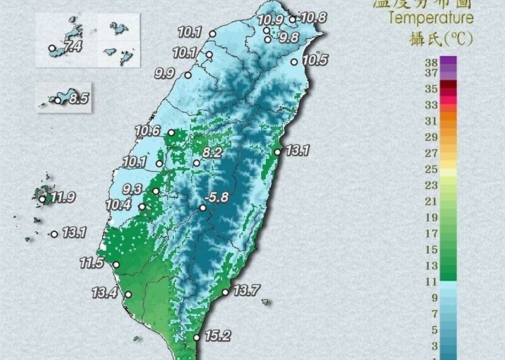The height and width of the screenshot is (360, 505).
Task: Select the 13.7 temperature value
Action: pyautogui.click(x=246, y=291)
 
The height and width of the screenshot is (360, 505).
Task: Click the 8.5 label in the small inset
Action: pyautogui.click(x=78, y=99)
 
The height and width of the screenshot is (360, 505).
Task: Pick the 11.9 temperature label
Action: pyautogui.click(x=63, y=198)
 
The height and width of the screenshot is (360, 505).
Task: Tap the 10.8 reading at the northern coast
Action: pyautogui.click(x=313, y=18)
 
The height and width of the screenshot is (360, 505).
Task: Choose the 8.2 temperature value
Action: pyautogui.click(x=213, y=152)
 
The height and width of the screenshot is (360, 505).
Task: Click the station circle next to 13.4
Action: pyautogui.click(x=128, y=294)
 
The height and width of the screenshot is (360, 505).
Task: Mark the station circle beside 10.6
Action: pyautogui.click(x=170, y=133)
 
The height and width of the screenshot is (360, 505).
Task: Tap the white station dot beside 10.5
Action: pyautogui.click(x=294, y=62)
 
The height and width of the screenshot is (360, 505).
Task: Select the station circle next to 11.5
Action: pyautogui.click(x=116, y=265)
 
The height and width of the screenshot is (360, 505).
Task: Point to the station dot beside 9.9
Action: pyautogui.click(x=187, y=75)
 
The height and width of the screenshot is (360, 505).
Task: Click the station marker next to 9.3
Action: pyautogui.click(x=155, y=191)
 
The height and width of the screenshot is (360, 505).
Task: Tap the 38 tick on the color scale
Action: pyautogui.click(x=432, y=62)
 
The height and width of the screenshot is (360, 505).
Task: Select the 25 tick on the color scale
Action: pyautogui.click(x=432, y=169)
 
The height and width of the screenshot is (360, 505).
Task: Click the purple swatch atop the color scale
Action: pyautogui.click(x=448, y=61)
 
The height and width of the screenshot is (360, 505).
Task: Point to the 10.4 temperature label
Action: pyautogui.click(x=118, y=205)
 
